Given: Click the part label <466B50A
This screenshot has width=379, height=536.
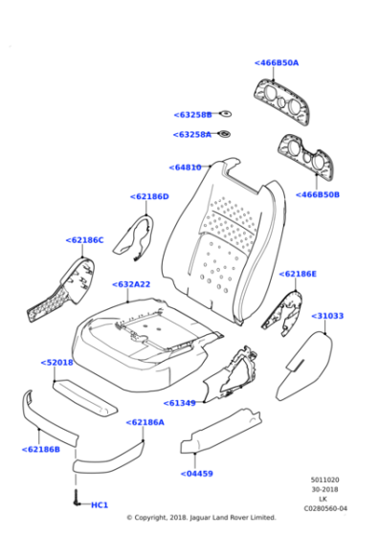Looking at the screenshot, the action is (277, 63).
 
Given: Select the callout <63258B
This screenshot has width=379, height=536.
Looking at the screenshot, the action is (192, 115).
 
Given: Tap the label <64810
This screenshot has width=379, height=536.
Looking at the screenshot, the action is (186, 167).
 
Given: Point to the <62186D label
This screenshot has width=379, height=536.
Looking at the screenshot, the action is (149, 196).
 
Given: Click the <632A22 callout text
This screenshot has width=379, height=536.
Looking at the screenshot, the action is (131, 284).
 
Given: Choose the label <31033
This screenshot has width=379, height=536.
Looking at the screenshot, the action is (327, 316).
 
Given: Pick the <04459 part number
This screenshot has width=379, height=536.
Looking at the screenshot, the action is (196, 474).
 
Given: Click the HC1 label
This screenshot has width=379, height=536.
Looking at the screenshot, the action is (100, 505).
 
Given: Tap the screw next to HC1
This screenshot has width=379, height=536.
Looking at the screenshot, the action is (76, 498).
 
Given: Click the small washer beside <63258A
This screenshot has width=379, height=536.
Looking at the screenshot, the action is (224, 134).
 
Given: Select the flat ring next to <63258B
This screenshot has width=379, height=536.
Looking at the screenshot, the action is (225, 114).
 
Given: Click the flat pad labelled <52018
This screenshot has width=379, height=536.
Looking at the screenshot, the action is (85, 397).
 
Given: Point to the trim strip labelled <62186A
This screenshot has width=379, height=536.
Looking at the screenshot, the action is (109, 459).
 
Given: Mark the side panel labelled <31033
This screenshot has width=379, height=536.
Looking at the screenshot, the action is (303, 367).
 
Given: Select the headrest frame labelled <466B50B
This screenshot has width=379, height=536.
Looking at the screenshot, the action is (305, 155).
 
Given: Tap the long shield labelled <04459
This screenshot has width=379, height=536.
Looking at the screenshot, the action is (221, 431).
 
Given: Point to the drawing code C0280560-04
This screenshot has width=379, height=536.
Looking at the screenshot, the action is (325, 508).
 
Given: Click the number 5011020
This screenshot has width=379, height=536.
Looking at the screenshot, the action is (325, 480).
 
